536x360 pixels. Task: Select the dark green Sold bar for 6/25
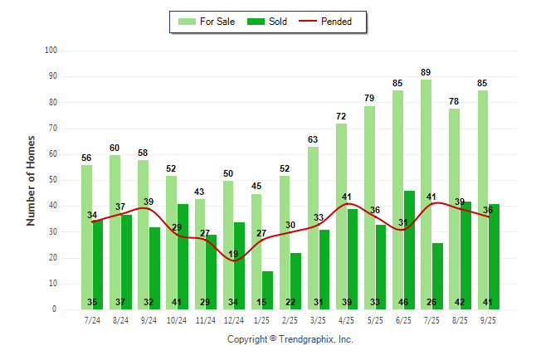(x=409, y=249)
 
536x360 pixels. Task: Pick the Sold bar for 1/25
(x=267, y=286)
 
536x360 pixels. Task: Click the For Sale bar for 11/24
(x=199, y=249)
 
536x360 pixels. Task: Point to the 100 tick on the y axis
(x=51, y=51)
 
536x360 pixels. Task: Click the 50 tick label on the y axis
(x=52, y=180)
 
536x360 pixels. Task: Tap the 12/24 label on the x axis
(x=233, y=320)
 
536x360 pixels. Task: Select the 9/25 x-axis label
(x=488, y=320)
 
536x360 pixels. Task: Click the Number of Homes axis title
(x=32, y=180)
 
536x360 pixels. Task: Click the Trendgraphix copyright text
(x=290, y=339)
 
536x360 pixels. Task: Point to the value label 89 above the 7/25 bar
(x=426, y=73)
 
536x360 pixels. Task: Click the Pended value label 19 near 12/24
(x=234, y=254)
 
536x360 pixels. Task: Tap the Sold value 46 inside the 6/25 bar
(x=409, y=302)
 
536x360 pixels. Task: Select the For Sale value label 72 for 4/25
(x=341, y=117)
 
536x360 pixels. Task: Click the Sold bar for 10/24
(x=183, y=249)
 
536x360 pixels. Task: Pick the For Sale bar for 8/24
(x=115, y=232)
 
